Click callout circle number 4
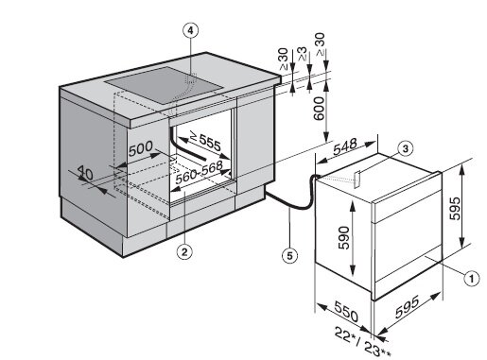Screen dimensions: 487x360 [190, 30]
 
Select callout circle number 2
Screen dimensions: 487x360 [184, 251]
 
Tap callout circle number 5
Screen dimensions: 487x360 [289, 255]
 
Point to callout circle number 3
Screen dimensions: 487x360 [406, 148]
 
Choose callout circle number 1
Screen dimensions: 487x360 [471, 279]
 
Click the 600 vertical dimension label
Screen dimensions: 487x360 [319, 109]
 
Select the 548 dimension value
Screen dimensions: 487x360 [345, 146]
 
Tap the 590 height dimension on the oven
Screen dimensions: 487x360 [343, 237]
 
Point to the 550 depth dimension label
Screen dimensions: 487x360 [346, 312]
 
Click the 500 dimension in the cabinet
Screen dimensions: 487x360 [141, 148]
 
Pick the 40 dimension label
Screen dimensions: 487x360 [85, 172]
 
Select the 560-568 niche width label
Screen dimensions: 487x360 [200, 172]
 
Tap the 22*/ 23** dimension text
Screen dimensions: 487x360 [362, 341]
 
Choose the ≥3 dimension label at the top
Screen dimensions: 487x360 [303, 54]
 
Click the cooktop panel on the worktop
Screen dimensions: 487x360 [164, 85]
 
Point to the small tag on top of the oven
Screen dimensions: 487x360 [357, 180]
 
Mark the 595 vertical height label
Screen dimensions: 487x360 [455, 209]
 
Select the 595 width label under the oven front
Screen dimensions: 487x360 [408, 306]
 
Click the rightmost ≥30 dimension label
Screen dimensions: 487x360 [320, 44]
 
